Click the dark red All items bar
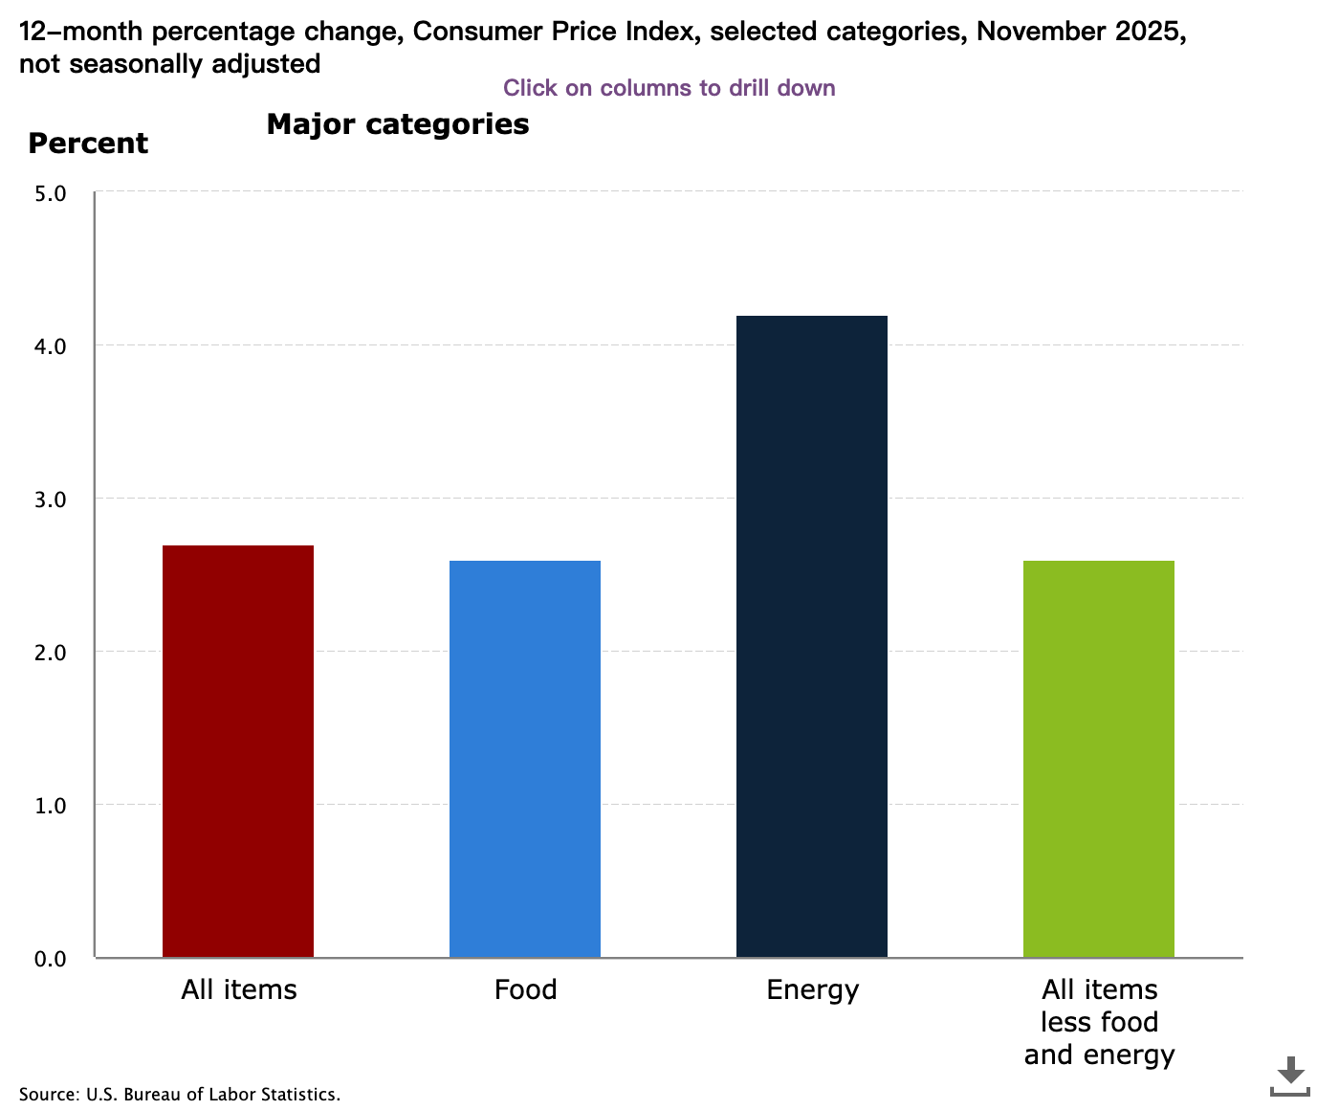click(238, 751)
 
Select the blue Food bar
click(525, 759)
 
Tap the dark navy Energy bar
click(812, 636)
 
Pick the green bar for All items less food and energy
click(1099, 759)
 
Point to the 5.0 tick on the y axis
click(50, 193)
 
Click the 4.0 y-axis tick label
click(50, 346)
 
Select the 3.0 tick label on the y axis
click(50, 499)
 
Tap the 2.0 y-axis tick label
click(50, 653)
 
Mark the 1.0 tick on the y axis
click(50, 806)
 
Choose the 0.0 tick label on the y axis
click(50, 959)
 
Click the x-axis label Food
click(525, 989)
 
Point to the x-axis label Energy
click(812, 989)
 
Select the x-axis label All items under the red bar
click(238, 989)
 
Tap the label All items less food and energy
click(1099, 1022)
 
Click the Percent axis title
click(88, 144)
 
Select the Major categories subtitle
click(397, 124)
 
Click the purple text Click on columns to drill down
click(669, 88)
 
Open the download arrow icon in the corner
click(1290, 1076)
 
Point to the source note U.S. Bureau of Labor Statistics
click(180, 1094)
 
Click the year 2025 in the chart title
click(1151, 32)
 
